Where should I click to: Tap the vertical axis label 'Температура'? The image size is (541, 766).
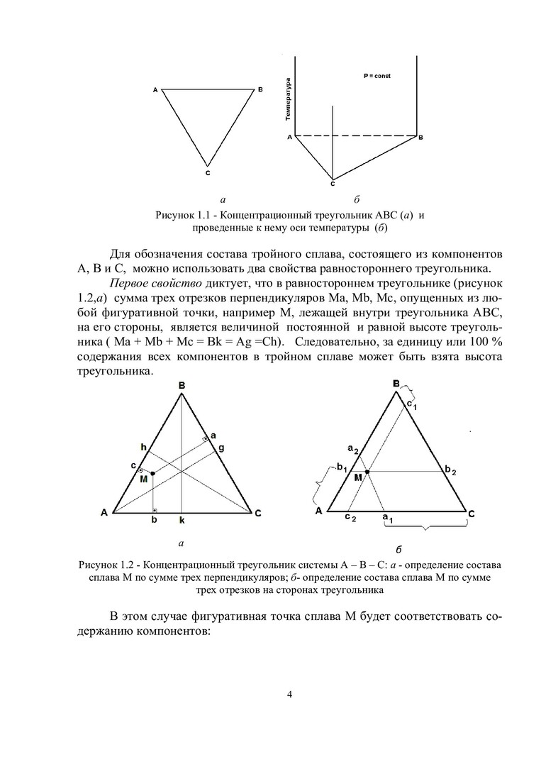(x=288, y=100)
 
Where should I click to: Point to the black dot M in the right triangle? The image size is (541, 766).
(x=367, y=470)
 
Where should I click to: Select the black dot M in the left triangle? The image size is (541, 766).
(x=153, y=472)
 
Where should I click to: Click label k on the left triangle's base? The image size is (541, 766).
(x=182, y=521)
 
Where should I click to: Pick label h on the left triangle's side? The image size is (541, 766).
(x=143, y=447)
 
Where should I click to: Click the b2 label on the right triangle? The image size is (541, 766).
(x=451, y=470)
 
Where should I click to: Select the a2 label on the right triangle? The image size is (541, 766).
(x=352, y=448)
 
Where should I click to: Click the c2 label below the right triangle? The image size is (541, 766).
(x=350, y=518)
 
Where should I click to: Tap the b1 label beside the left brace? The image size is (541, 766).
(x=342, y=468)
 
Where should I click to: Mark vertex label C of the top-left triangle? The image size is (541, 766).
(x=207, y=172)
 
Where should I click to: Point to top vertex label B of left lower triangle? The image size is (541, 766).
(x=182, y=385)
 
